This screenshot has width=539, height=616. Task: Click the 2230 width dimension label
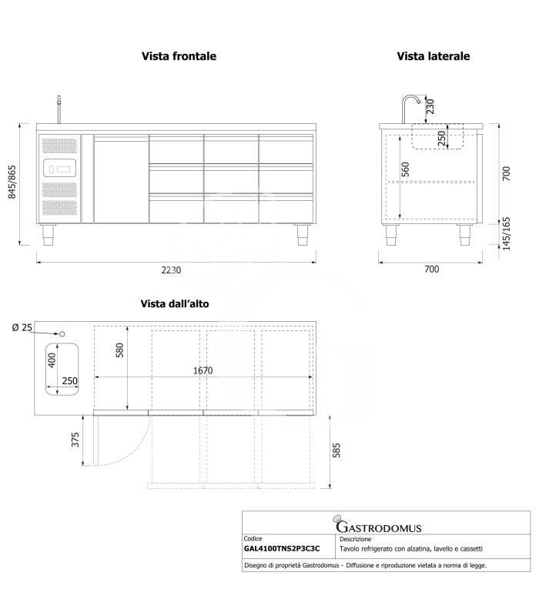pyautogui.click(x=171, y=270)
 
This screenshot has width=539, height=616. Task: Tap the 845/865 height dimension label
pyautogui.click(x=12, y=182)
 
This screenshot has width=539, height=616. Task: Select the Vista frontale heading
pyautogui.click(x=179, y=56)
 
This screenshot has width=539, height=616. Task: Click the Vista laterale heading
pyautogui.click(x=434, y=56)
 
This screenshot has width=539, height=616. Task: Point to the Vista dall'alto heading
pyautogui.click(x=175, y=303)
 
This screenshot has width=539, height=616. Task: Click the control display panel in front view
pyautogui.click(x=59, y=168)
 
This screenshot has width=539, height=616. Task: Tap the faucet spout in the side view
pyautogui.click(x=411, y=109)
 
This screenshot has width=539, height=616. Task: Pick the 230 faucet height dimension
pyautogui.click(x=430, y=106)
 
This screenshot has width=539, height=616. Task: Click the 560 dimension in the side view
pyautogui.click(x=405, y=169)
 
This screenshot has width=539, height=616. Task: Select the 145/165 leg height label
pyautogui.click(x=507, y=233)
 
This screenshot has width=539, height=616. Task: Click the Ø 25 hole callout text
pyautogui.click(x=22, y=327)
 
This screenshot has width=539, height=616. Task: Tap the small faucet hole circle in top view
pyautogui.click(x=62, y=334)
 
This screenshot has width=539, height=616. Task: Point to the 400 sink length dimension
pyautogui.click(x=52, y=360)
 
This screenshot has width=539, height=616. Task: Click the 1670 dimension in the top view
pyautogui.click(x=203, y=370)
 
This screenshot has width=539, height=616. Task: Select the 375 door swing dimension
pyautogui.click(x=75, y=440)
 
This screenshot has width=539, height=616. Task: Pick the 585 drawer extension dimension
pyautogui.click(x=336, y=450)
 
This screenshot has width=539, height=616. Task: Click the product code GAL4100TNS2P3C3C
pyautogui.click(x=282, y=549)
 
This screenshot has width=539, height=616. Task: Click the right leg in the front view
pyautogui.click(x=302, y=235)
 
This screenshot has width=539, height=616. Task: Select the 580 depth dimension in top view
pyautogui.click(x=120, y=350)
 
